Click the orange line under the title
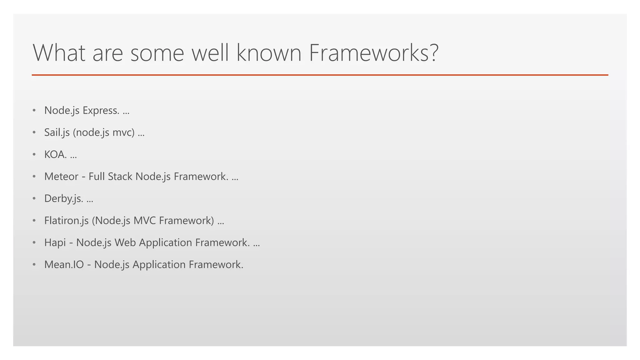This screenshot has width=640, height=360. point(320,75)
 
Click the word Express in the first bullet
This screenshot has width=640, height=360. point(101,111)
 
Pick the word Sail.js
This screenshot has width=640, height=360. point(57,132)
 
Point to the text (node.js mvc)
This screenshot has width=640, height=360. point(104,132)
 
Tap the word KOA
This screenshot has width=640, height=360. point(55,155)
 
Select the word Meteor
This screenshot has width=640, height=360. point(61,177)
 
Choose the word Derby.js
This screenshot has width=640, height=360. point(63,199)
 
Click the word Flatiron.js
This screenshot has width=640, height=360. point(66,221)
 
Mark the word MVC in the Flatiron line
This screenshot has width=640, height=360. point(144,221)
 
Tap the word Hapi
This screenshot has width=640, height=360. point(55,243)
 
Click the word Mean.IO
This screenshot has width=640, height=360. point(64,265)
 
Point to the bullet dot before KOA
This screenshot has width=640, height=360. point(34,155)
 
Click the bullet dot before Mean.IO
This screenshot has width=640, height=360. point(34,265)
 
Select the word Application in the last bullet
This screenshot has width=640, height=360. point(159,265)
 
